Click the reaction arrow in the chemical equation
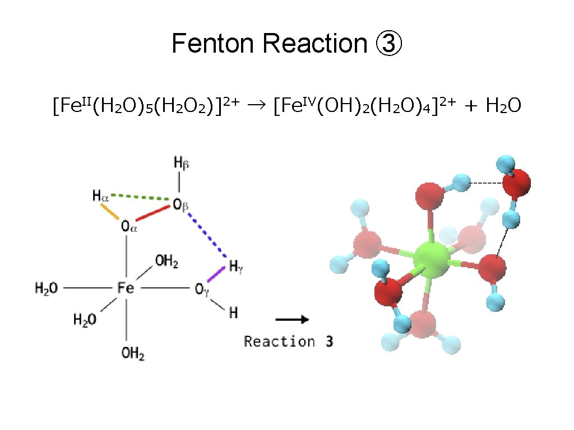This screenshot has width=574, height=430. [x=258, y=104]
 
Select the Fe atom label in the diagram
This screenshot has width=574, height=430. [x=126, y=288]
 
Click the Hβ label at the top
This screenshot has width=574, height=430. [x=181, y=163]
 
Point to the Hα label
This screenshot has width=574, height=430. [x=100, y=196]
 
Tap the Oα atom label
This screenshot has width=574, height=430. [x=128, y=227]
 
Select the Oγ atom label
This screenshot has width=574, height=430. [x=202, y=289]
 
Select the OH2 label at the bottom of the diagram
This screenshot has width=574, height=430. [x=133, y=354]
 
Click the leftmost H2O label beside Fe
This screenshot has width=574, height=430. [x=46, y=288]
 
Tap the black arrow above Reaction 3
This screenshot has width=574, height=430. [x=292, y=320]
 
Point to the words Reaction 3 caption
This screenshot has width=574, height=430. [x=289, y=341]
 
